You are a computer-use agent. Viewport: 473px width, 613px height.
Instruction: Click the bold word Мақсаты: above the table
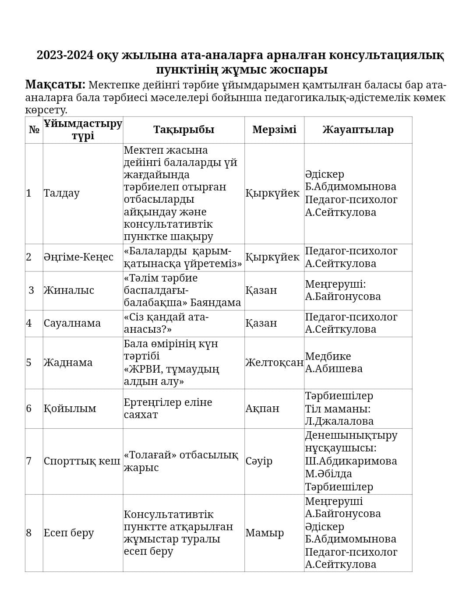coord(55,85)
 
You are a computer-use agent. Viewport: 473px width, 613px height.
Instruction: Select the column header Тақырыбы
coord(184,130)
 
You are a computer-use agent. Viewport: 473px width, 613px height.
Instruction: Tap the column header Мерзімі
coord(274,130)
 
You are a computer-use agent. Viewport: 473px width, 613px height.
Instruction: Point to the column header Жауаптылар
coord(358,130)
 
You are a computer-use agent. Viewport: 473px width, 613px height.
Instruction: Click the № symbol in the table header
coord(34,130)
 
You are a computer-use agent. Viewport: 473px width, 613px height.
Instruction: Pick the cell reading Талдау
coord(61,193)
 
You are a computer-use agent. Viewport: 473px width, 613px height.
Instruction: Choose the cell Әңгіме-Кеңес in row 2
coord(78,257)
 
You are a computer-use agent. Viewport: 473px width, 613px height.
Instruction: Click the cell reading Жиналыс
coord(68,290)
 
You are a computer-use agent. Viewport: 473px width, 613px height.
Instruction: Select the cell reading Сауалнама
coord(72,323)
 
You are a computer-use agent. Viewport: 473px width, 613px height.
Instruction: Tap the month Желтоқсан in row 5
coord(274,363)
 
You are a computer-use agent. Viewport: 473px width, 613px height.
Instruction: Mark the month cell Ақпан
coord(262,409)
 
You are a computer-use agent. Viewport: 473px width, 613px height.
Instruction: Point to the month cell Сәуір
coord(259,461)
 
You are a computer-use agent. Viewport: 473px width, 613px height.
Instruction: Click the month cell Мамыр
coord(265,533)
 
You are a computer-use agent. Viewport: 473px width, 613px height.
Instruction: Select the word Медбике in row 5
coord(328,356)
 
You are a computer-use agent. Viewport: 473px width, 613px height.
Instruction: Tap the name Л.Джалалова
coord(339,421)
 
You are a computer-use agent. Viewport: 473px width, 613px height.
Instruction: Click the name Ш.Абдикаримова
coord(351,461)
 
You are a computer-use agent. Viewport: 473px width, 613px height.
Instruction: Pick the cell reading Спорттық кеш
coord(82,461)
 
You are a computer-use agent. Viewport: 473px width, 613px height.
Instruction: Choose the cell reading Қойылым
coord(70,409)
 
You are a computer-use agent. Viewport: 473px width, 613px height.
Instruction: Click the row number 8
coord(29,533)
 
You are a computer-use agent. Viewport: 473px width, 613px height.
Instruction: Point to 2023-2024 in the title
coord(65,56)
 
